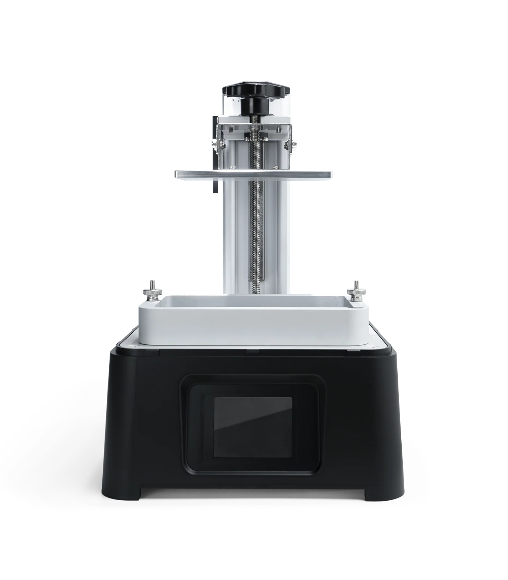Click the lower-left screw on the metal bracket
click(x=231, y=167)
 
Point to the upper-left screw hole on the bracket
click(x=231, y=129)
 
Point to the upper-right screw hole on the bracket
click(x=278, y=129)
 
